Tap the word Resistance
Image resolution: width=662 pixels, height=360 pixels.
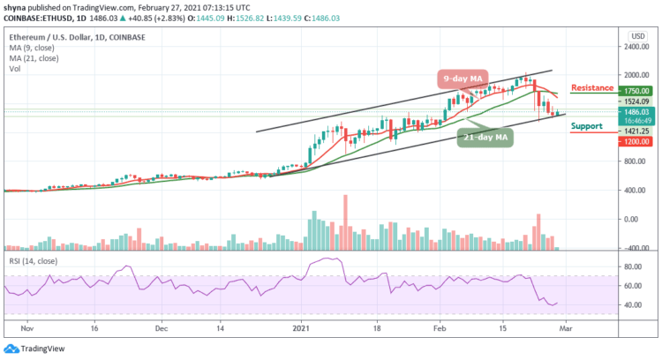coord(591,88)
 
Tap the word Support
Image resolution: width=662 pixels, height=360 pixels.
coord(587,126)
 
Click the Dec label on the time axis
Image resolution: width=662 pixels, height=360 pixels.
coord(161,326)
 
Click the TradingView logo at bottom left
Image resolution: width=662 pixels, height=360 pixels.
coord(33,347)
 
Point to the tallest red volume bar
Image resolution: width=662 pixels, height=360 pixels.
coord(345,221)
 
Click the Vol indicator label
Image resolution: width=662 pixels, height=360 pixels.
coord(14,66)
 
